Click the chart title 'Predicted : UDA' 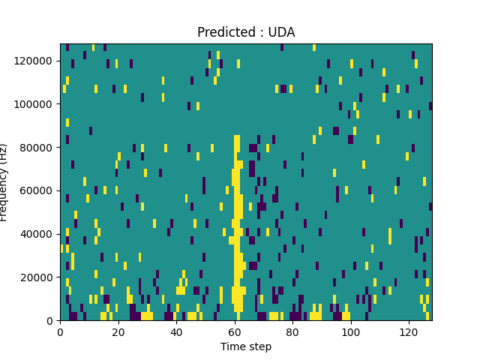[x=246, y=32]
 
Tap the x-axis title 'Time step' [x=246, y=346]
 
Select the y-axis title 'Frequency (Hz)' [x=4, y=182]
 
